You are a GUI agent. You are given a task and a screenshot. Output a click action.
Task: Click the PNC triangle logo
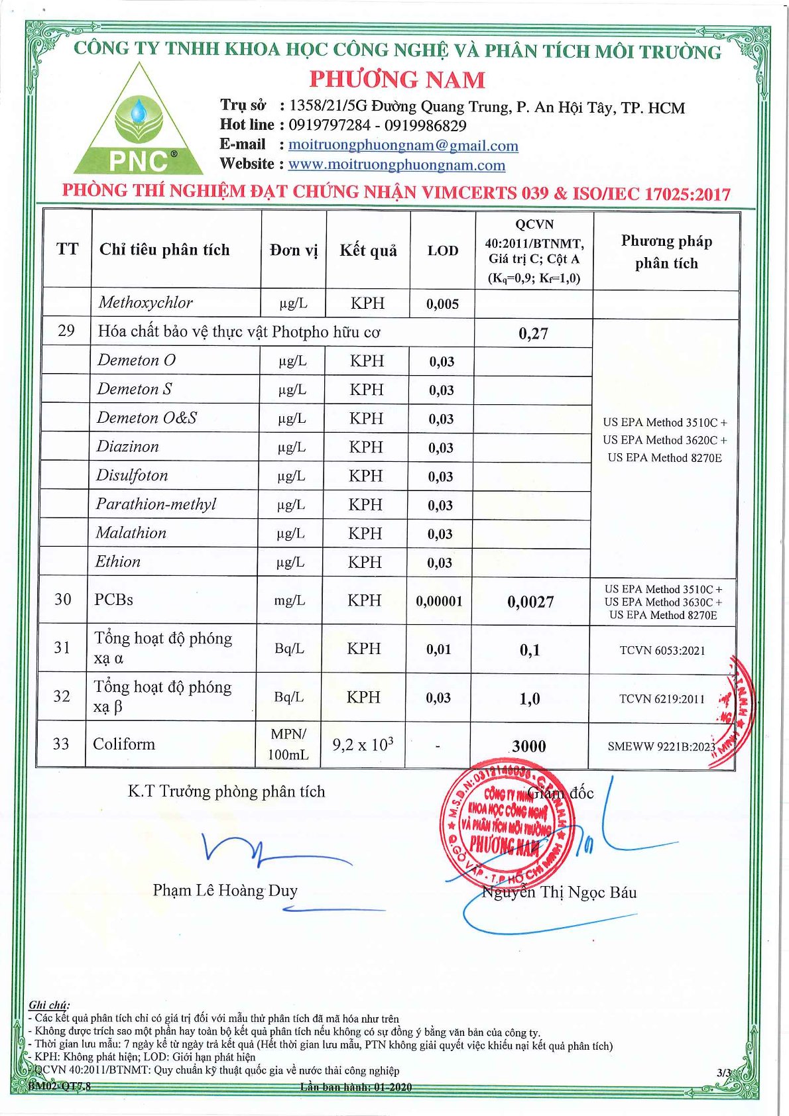[x=139, y=123]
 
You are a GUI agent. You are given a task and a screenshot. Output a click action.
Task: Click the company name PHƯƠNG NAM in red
[x=397, y=80]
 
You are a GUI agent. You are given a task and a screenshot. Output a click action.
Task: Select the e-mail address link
[x=403, y=145]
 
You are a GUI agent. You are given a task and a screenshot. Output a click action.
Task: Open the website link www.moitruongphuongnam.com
[x=396, y=164]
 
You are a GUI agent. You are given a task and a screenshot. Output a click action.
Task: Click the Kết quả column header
[x=368, y=251]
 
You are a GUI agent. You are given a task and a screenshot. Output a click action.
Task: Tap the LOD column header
[x=443, y=251]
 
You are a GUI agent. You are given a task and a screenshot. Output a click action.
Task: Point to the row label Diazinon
[x=127, y=447]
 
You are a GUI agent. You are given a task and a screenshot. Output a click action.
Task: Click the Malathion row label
[x=131, y=533]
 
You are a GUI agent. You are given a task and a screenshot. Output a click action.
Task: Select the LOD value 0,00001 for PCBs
[x=439, y=601]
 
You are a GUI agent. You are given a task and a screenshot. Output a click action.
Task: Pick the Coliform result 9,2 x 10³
[x=363, y=745]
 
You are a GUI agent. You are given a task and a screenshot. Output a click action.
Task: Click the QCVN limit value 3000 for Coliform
[x=529, y=746]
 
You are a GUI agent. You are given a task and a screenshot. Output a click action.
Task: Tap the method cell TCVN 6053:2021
[x=662, y=650]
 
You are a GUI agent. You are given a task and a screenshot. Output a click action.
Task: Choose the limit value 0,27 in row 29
[x=533, y=333]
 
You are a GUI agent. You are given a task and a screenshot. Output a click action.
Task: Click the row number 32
[x=62, y=696]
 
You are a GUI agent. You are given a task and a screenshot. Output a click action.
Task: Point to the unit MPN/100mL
[x=288, y=744]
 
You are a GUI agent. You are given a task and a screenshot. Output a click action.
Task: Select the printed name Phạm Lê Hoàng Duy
[x=225, y=890]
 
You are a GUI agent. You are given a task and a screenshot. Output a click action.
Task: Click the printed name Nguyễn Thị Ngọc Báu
[x=559, y=892]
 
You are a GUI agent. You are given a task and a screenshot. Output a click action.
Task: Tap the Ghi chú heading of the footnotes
[x=48, y=1005]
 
